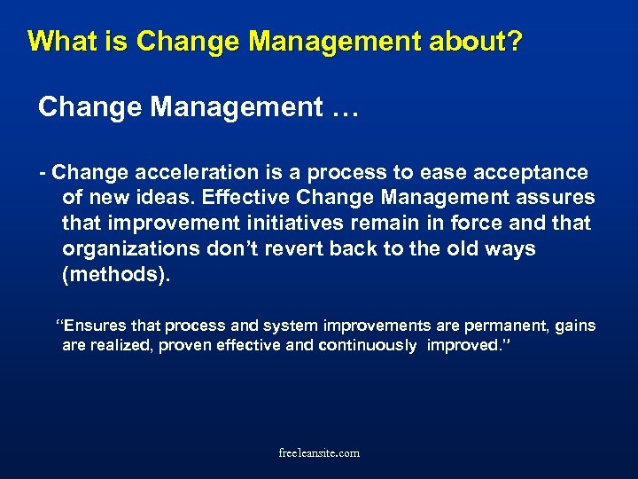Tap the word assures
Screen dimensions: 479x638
tap(554, 197)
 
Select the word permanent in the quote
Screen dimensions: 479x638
tap(503, 326)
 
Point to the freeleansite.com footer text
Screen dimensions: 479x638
tap(319, 452)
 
